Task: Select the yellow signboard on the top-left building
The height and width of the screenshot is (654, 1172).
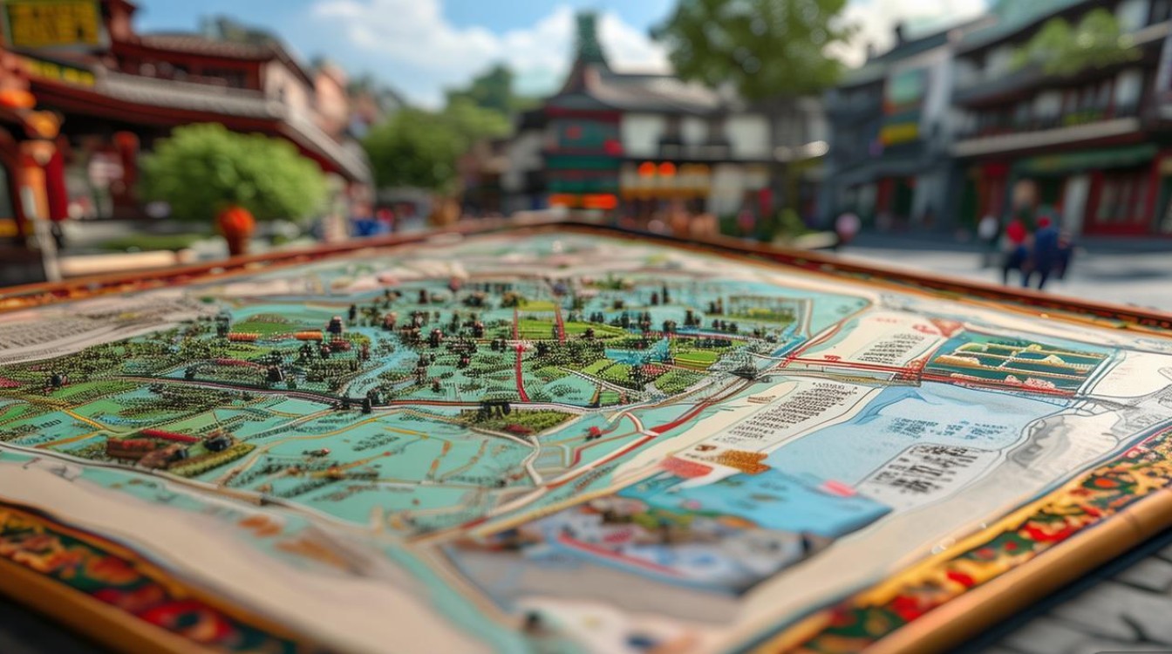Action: click(54, 24)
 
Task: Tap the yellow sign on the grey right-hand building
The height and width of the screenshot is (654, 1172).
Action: click(898, 133)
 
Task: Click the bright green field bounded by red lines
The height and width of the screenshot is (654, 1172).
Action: click(537, 325)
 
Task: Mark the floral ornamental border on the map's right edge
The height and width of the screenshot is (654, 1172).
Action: click(1046, 523)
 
